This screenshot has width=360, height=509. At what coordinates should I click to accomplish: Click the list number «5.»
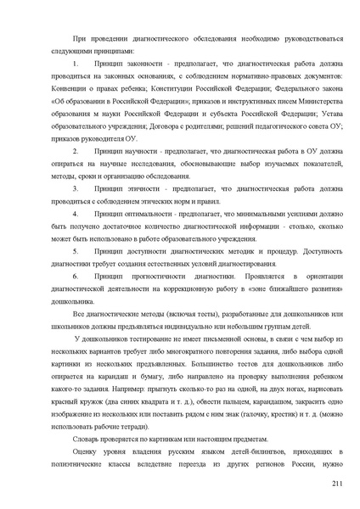(x=76, y=251)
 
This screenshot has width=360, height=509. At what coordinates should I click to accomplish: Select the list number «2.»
(x=76, y=150)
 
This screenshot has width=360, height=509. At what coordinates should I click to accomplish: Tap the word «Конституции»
(x=167, y=88)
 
